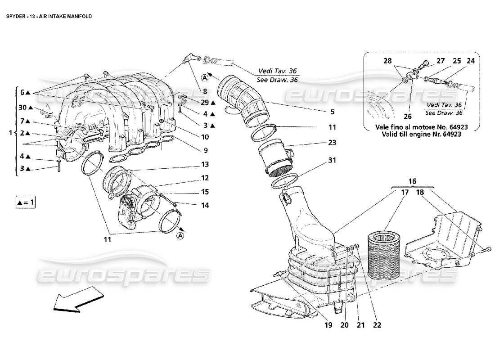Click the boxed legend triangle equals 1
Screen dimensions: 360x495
pyautogui.click(x=25, y=202)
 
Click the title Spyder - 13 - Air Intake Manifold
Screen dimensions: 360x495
pyautogui.click(x=49, y=16)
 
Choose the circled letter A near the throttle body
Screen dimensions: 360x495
pyautogui.click(x=180, y=235)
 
